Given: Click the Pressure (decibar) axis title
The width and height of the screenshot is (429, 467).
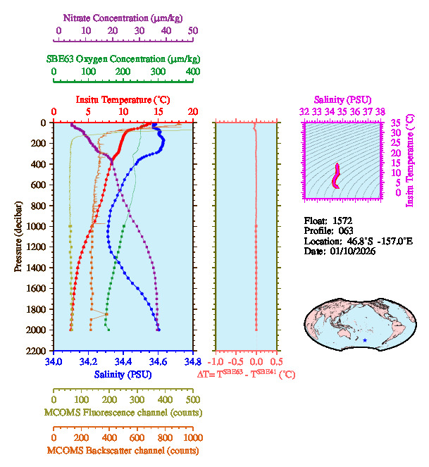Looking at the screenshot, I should (x=18, y=237).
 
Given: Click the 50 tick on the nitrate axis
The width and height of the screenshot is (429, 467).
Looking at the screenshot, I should (x=193, y=30).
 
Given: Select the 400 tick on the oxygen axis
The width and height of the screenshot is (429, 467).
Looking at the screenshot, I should (x=192, y=72).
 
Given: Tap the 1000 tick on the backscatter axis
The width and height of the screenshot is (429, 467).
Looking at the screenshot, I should (x=192, y=438).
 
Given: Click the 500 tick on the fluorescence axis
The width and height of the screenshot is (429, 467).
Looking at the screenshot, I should (x=192, y=399).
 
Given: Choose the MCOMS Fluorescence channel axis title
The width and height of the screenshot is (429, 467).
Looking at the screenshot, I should (x=122, y=411).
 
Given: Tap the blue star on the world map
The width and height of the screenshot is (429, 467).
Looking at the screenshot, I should (x=365, y=341).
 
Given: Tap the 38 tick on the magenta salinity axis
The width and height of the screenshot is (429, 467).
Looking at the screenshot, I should (x=380, y=111).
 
